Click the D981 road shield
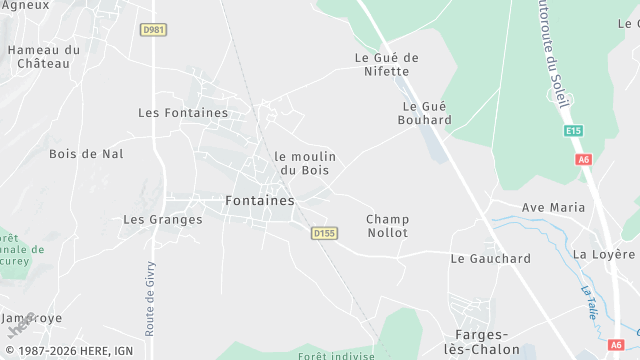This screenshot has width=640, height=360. [153, 29]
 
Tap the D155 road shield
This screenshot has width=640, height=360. [323, 233]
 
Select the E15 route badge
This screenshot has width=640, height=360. [573, 130]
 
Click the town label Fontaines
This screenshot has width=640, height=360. [260, 200]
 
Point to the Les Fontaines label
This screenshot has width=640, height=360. [183, 113]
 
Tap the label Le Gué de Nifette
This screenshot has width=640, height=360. [386, 64]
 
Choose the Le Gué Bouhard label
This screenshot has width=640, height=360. [427, 113]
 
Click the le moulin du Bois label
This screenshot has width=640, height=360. [305, 163]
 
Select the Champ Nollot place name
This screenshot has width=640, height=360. [387, 225]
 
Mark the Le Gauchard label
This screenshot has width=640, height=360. [490, 258]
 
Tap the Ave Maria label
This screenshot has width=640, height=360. [553, 207]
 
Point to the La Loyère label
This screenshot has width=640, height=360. [605, 254]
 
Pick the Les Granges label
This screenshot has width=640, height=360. [162, 219]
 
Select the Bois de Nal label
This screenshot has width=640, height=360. [86, 154]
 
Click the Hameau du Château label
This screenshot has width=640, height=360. [44, 56]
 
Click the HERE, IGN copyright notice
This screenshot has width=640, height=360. [67, 351]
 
